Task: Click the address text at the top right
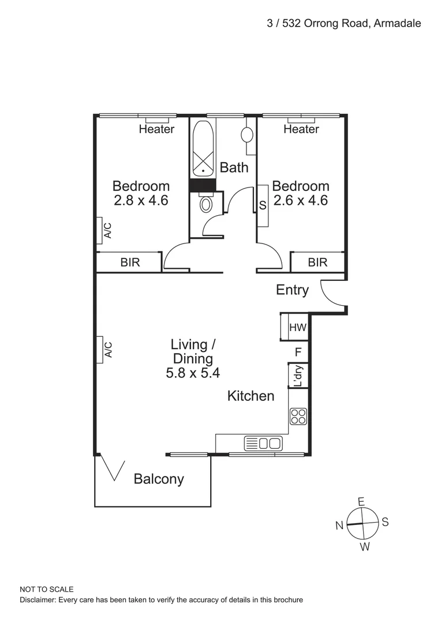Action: coord(343,23)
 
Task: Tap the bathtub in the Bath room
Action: coord(203,148)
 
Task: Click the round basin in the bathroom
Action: coord(247,135)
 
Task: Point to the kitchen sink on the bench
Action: coord(263,444)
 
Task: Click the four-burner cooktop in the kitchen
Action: coord(298,416)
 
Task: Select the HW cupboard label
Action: coord(297,328)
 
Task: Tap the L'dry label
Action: coord(298,376)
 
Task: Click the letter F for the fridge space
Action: coord(298,351)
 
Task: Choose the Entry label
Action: coord(292,290)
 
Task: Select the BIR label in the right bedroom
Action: coord(317,262)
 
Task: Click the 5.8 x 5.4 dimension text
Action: coord(193,373)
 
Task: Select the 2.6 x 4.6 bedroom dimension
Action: coord(300,201)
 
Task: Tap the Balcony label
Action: coord(159,479)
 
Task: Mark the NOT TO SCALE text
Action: coord(47,589)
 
